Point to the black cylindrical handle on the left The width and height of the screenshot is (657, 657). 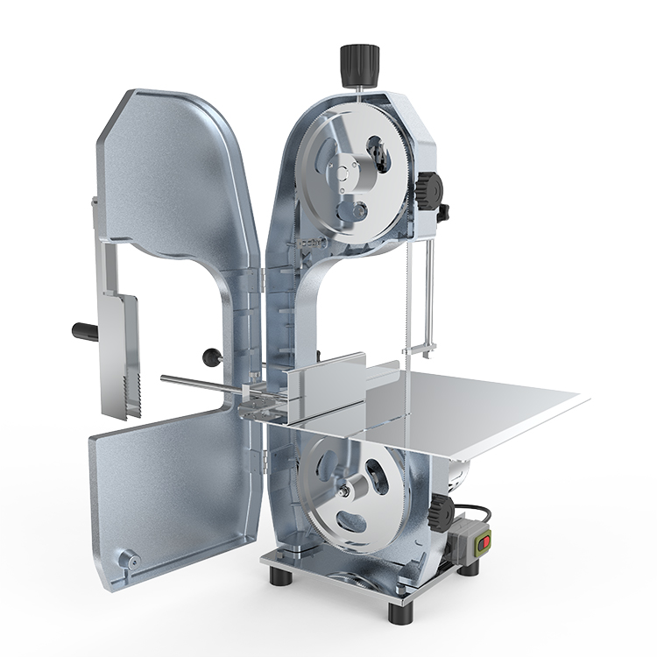coord(85,332)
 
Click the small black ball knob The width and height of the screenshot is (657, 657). coord(210,356)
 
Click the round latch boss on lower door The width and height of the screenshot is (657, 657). coord(129,557)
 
